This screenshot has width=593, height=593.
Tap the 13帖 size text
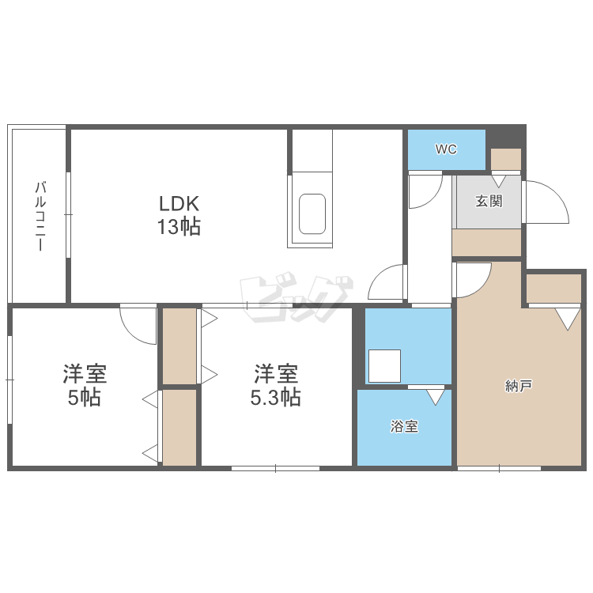coord(179,228)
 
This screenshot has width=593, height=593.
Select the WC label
coord(446,149)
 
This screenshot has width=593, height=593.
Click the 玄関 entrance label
coord(489,201)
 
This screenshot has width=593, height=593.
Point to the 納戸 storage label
coord(519,387)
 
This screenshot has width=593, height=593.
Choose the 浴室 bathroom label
coord(404,427)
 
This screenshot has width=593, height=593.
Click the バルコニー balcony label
coord(38,216)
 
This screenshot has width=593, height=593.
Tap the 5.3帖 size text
coord(276,397)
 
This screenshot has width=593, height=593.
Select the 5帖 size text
coord(84,397)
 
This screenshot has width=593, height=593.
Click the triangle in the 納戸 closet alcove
coord(566,318)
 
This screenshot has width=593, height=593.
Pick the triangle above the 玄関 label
coord(499,179)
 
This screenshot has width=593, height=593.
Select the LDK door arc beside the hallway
coord(388,283)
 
